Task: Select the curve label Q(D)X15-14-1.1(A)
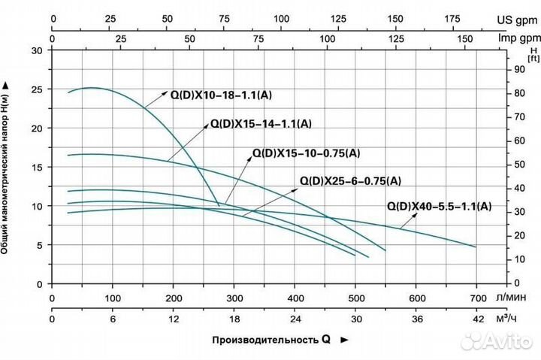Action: [x=261, y=123]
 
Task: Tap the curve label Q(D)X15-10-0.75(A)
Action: [x=306, y=153]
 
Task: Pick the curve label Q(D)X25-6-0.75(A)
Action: [x=350, y=180]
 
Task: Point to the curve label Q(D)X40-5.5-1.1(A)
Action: [x=440, y=206]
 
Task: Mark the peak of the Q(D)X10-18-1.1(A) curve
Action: [x=92, y=87]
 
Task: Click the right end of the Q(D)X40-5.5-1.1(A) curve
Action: [x=476, y=247]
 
